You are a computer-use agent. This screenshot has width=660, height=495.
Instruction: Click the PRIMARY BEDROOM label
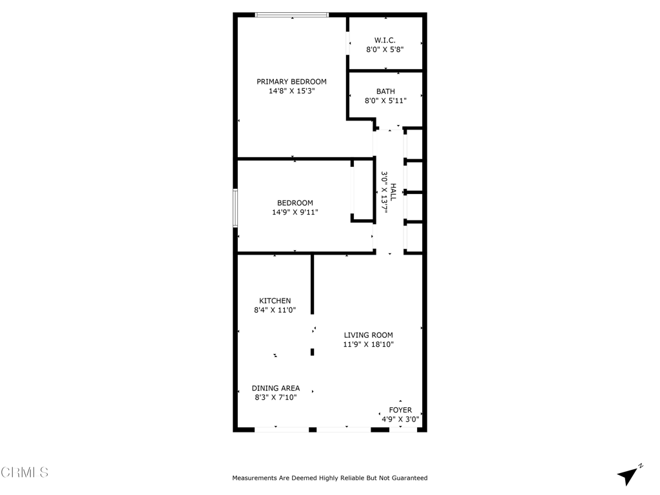click(x=291, y=82)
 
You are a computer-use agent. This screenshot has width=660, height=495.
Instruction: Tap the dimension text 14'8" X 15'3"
click(x=291, y=92)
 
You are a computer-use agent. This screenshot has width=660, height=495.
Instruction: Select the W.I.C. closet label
click(x=385, y=40)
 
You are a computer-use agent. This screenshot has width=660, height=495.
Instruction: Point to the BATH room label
click(x=385, y=92)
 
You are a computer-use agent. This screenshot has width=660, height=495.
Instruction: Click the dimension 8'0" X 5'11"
click(x=385, y=101)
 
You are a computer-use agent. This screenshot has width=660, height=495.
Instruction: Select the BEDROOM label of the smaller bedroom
click(x=295, y=203)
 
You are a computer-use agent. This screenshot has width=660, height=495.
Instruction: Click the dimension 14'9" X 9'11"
click(x=295, y=212)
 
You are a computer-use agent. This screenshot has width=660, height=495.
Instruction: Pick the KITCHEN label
click(x=275, y=301)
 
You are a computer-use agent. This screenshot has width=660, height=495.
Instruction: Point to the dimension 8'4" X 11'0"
click(x=275, y=310)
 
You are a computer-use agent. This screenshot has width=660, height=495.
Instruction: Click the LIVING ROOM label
click(x=368, y=335)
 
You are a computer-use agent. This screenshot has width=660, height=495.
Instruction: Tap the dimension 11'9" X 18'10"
click(x=368, y=344)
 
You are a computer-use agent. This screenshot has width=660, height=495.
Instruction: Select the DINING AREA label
click(x=275, y=388)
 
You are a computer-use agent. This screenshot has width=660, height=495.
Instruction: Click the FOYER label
click(x=400, y=410)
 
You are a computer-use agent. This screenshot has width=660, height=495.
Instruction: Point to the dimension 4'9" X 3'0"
click(x=400, y=419)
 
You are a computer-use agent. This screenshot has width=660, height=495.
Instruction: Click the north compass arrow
click(x=629, y=475)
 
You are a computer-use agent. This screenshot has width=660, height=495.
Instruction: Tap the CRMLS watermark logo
click(x=24, y=472)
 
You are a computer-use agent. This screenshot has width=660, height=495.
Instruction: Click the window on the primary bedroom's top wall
click(x=292, y=15)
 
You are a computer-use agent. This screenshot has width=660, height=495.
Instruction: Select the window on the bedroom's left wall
click(x=235, y=208)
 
